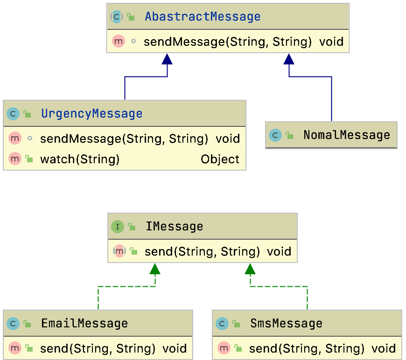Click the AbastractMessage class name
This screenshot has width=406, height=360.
(x=203, y=17)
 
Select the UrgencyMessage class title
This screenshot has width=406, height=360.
(x=91, y=114)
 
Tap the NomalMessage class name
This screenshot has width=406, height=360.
(x=346, y=135)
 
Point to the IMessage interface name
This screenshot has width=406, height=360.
(x=174, y=227)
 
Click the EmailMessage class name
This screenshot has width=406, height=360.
(x=84, y=323)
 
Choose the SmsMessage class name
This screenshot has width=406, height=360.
(x=286, y=323)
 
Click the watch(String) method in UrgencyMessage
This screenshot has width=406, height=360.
(x=80, y=159)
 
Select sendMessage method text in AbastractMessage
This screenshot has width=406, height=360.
(x=227, y=42)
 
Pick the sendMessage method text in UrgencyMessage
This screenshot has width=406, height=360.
(x=124, y=138)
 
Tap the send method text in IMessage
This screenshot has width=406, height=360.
(x=202, y=252)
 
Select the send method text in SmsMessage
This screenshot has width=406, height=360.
(x=307, y=348)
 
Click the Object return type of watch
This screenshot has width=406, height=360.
(x=220, y=159)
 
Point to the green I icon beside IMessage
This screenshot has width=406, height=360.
(x=117, y=227)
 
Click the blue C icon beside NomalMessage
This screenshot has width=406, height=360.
(x=275, y=135)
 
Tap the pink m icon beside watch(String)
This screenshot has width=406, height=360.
(x=15, y=159)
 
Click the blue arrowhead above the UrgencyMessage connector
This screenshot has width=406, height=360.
(x=167, y=58)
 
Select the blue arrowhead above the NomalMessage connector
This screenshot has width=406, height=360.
(x=289, y=58)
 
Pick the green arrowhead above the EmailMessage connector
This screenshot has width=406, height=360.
(x=155, y=269)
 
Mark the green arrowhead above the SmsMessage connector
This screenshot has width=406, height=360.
(x=251, y=269)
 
